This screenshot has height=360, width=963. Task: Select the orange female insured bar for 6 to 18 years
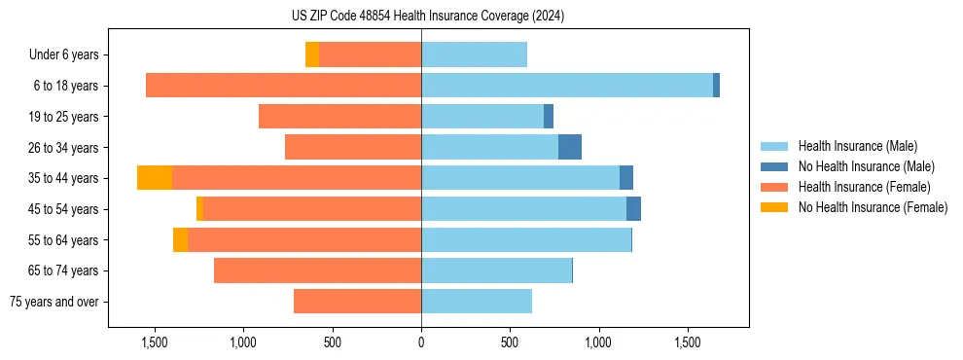pyautogui.click(x=283, y=86)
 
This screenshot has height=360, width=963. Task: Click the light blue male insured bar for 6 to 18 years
pyautogui.click(x=566, y=86)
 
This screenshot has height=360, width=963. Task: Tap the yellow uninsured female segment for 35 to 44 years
pyautogui.click(x=155, y=178)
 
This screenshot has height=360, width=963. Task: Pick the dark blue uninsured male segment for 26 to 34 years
pyautogui.click(x=570, y=147)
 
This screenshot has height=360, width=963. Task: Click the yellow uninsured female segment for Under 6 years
pyautogui.click(x=312, y=54)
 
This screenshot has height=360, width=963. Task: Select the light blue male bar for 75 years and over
pyautogui.click(x=477, y=302)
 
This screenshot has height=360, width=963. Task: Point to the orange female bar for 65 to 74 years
pyautogui.click(x=317, y=270)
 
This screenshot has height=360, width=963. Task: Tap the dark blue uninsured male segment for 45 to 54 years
pyautogui.click(x=633, y=209)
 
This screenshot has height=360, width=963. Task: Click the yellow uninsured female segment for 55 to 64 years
pyautogui.click(x=180, y=239)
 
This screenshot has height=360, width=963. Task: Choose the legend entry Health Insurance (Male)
pyautogui.click(x=857, y=146)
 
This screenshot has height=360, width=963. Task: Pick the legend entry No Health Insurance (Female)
pyautogui.click(x=873, y=207)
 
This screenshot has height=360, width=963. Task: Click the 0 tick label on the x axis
pyautogui.click(x=421, y=342)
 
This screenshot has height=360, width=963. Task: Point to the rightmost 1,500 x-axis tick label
pyautogui.click(x=688, y=342)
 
